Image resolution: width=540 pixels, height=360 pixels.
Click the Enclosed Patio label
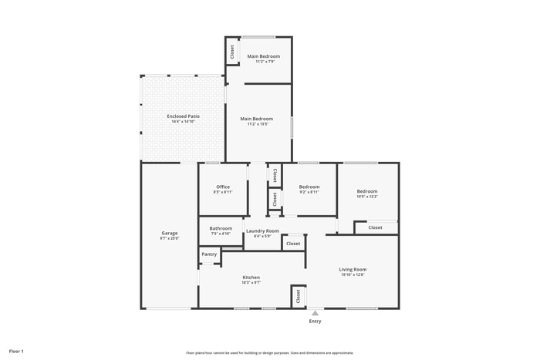183,116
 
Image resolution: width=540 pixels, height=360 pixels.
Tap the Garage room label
170,233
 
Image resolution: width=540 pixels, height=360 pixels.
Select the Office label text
223,187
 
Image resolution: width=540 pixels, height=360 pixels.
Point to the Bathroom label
221,228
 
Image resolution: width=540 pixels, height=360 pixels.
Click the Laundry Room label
262,230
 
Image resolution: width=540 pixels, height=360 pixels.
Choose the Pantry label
209,254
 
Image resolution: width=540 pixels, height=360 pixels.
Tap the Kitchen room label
251,278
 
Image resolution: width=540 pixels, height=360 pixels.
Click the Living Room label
353,269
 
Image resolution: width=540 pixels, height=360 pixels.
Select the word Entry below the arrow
315,321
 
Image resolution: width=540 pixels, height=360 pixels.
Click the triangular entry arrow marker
315,313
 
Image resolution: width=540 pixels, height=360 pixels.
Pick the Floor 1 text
16,352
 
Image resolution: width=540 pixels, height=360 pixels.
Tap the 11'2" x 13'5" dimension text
256,124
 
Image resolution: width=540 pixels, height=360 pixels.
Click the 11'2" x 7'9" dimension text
263,62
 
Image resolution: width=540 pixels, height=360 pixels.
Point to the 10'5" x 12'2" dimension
367,197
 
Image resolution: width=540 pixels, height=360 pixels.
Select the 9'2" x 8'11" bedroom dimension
309,192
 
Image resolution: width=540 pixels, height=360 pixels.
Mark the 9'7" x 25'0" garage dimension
170,238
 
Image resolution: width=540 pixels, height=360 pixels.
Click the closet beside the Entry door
298,296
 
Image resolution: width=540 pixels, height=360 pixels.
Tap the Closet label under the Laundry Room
293,244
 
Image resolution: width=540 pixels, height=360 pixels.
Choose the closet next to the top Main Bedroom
231,52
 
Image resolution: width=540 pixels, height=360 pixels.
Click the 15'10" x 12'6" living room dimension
353,274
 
